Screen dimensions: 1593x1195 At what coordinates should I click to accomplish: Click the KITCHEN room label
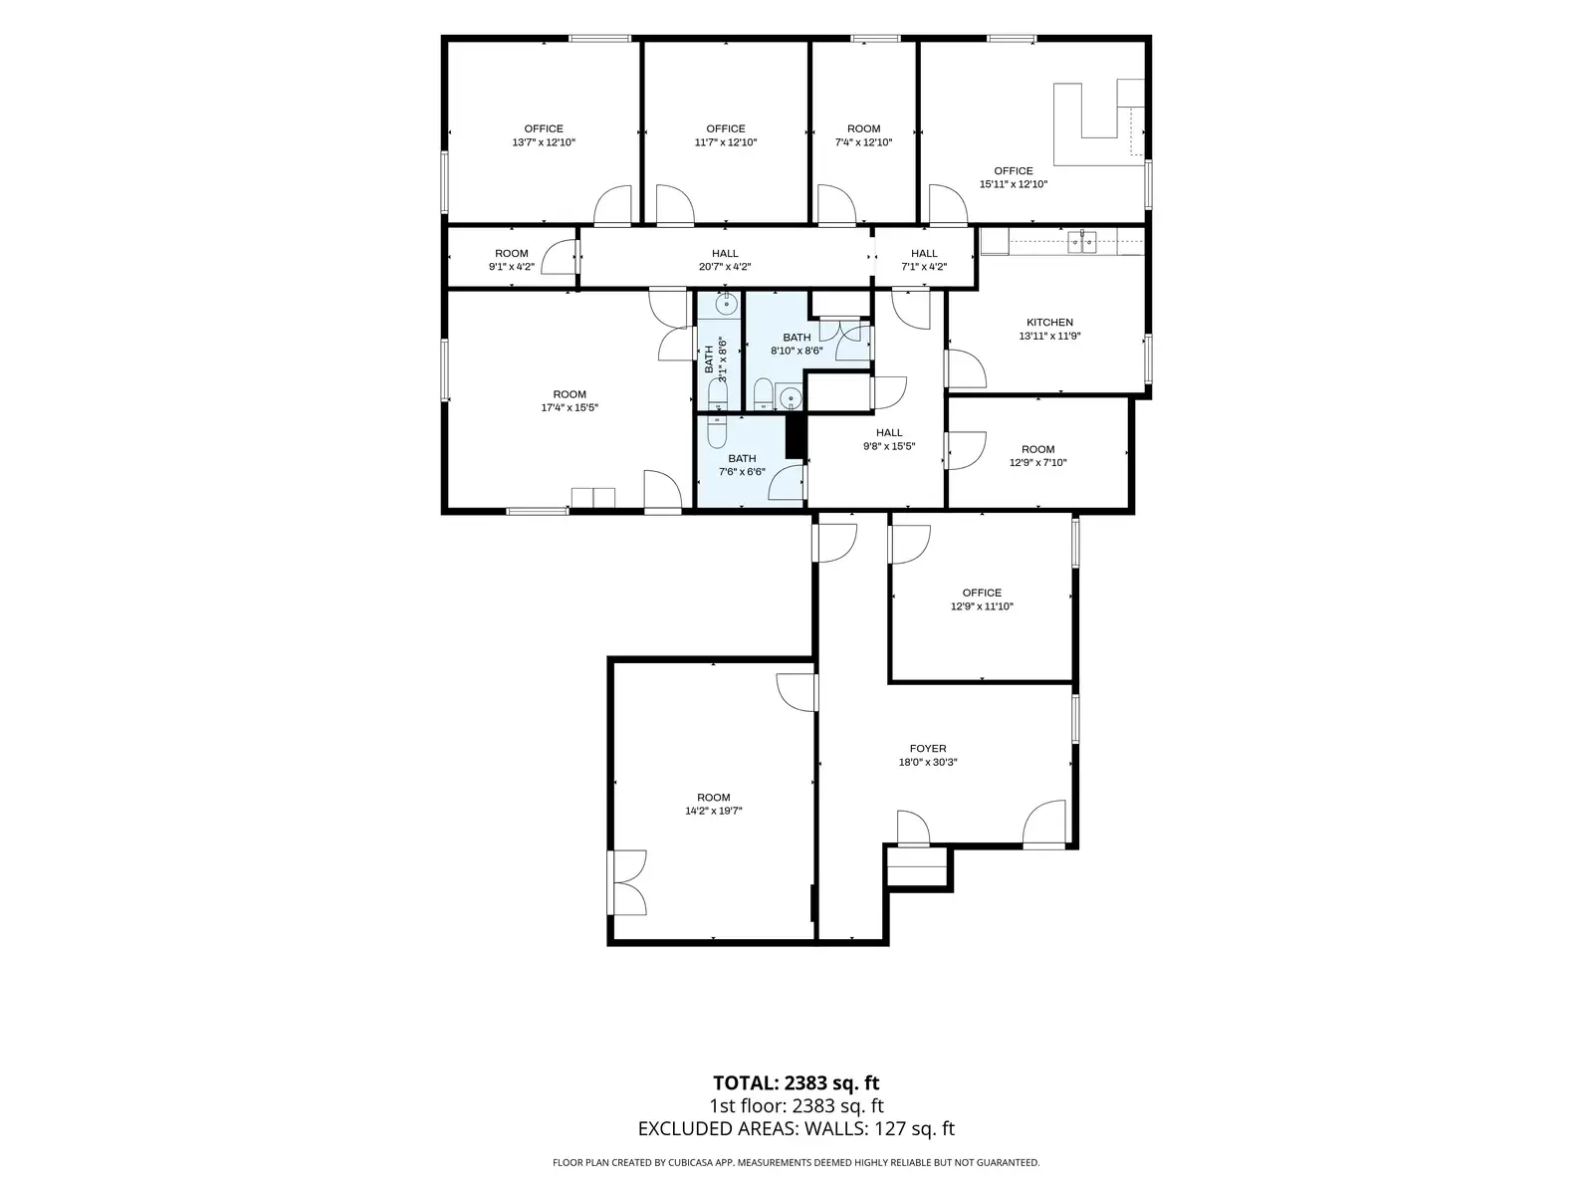click(x=1049, y=322)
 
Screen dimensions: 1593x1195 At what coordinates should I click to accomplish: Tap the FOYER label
click(x=928, y=748)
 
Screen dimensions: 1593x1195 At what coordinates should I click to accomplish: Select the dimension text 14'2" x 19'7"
click(x=714, y=811)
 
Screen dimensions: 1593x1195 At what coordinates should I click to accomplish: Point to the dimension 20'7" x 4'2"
click(x=724, y=266)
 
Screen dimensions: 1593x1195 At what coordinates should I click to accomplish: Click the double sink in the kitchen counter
click(x=1081, y=241)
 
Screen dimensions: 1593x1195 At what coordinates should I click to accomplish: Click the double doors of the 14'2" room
click(x=628, y=881)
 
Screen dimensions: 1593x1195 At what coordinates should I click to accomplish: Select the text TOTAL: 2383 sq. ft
click(x=796, y=1083)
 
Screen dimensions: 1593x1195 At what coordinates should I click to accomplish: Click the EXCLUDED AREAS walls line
click(x=796, y=1128)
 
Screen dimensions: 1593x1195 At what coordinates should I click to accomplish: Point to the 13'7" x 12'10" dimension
click(x=544, y=142)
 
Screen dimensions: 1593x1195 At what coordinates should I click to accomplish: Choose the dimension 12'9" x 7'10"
click(x=1037, y=462)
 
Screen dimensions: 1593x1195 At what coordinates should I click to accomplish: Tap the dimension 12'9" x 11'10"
click(x=982, y=605)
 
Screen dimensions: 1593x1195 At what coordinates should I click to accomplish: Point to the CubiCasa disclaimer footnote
click(x=796, y=1162)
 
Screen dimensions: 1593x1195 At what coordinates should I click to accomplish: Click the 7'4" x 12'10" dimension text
click(x=863, y=142)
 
